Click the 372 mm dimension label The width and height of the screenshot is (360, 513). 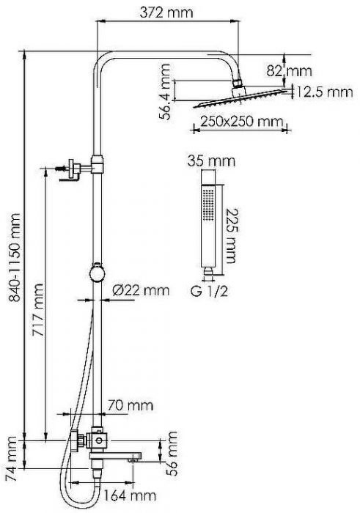click(166, 12)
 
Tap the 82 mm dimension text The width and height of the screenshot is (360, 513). click(289, 70)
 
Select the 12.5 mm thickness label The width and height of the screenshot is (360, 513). click(324, 92)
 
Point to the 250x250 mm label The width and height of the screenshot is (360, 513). click(241, 122)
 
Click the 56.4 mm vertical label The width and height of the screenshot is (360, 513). click(165, 92)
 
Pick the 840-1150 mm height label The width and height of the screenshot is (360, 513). click(15, 257)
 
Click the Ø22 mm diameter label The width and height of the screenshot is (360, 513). click(141, 290)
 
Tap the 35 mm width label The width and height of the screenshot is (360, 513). click(211, 161)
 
